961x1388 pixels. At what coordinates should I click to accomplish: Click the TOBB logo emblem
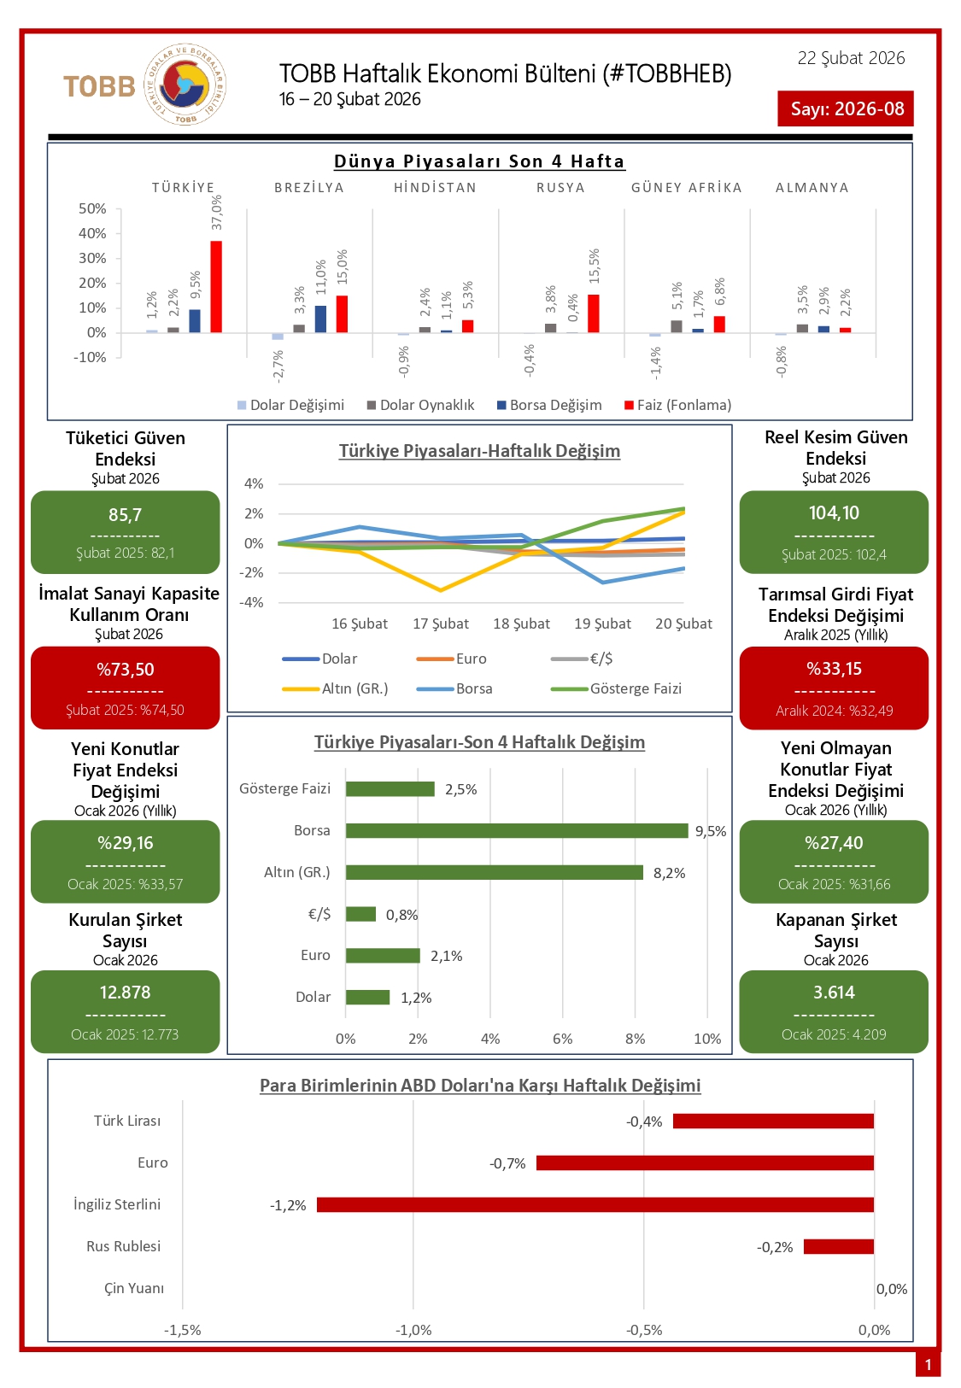coord(186,85)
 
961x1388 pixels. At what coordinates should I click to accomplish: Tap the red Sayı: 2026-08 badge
coord(846,108)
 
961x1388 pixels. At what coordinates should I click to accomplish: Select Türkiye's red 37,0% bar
coord(216,287)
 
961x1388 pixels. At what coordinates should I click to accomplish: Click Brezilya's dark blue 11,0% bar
coord(320,319)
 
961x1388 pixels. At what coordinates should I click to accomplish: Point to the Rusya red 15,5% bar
coord(594,313)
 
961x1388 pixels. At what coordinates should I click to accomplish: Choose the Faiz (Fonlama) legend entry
coord(678,405)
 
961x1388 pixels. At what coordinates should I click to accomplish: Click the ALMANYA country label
coord(812,188)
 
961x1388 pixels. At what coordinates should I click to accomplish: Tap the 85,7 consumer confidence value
coord(125,515)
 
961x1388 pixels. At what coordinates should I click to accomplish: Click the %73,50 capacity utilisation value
coord(125,670)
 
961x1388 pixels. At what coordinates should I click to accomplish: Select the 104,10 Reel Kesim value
coord(834,512)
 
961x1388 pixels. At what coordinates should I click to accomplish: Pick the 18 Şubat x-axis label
coord(521,624)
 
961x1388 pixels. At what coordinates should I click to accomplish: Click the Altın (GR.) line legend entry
coord(336,688)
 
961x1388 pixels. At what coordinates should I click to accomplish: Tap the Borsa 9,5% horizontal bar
coord(517,830)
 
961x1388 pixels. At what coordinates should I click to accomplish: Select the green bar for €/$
coord(360,914)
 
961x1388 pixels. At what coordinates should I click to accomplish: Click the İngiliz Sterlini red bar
coord(595,1204)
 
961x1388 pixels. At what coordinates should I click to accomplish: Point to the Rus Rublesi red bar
coord(838,1246)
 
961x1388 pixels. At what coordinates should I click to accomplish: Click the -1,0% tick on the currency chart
coord(413,1330)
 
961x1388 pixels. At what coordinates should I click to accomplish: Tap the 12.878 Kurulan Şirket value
coord(125,993)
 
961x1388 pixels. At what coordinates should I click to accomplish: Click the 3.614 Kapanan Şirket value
coord(834,993)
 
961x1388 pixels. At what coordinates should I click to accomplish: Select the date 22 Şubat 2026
coord(851,58)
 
